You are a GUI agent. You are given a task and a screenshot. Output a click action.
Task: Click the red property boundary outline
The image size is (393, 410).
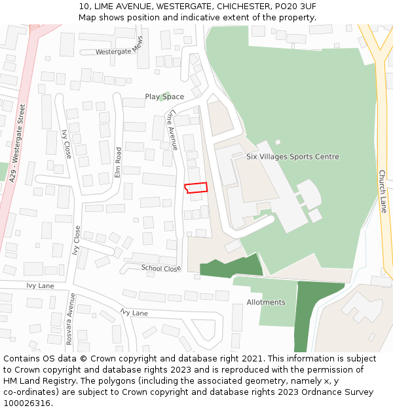pos(196,188)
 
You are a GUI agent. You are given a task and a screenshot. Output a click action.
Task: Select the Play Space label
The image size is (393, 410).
pos(164,97)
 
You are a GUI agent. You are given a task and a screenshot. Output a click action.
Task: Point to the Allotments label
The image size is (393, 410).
pos(266,302)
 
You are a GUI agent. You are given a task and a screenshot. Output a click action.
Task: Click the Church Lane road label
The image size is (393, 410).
pos(383,192)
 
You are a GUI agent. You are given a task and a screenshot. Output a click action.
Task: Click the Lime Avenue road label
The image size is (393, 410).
pos(174,130)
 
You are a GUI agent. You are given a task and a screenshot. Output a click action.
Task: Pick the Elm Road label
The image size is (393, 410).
pos(119,163)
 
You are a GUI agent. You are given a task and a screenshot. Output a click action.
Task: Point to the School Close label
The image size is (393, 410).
pos(161,268)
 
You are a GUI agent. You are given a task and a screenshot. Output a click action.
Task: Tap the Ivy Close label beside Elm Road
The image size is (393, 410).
pos(66,144)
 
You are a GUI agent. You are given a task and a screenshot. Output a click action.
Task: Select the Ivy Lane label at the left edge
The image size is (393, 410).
pos(40,286)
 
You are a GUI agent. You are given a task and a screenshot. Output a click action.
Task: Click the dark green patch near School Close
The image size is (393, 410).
pos(231,268)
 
